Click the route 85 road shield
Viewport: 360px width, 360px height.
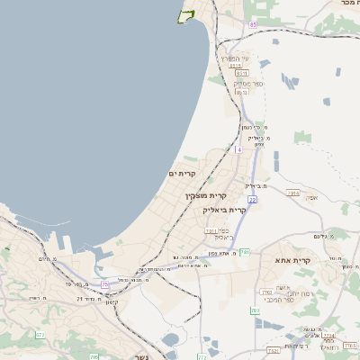point(254,24)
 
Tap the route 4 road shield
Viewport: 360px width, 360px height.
point(238,149)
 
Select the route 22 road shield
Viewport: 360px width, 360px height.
point(253,199)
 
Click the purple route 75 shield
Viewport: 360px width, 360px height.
point(105,284)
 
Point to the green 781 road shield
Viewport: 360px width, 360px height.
point(244,253)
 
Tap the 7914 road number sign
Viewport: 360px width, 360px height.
point(293,193)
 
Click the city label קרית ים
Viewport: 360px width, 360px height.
point(183,173)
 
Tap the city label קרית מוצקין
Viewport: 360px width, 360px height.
point(206,195)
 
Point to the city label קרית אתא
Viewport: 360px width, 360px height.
point(314,261)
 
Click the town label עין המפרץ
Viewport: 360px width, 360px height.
point(238,58)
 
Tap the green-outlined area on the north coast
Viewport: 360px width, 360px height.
point(187,15)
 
